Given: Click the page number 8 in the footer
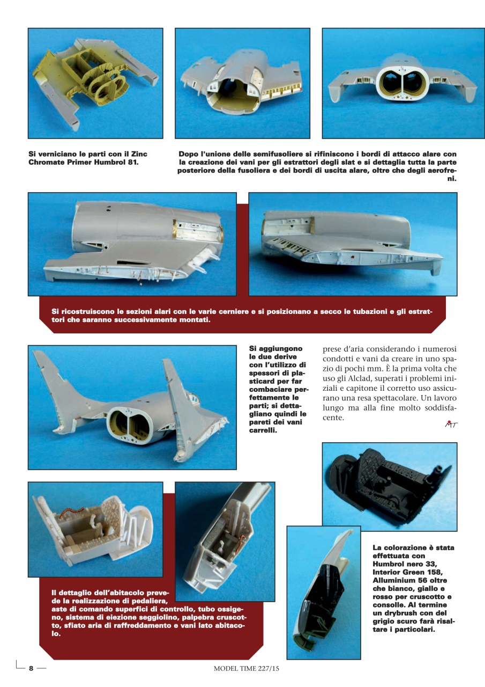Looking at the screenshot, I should [x=31, y=668].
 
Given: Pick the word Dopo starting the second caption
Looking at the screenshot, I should [x=189, y=155].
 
